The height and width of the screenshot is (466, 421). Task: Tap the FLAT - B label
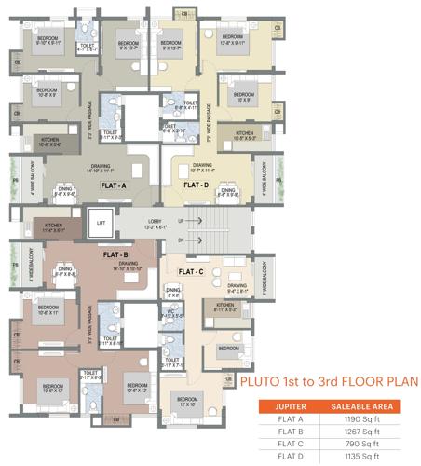click(x=115, y=254)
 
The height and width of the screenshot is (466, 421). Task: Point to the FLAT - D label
click(x=195, y=185)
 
